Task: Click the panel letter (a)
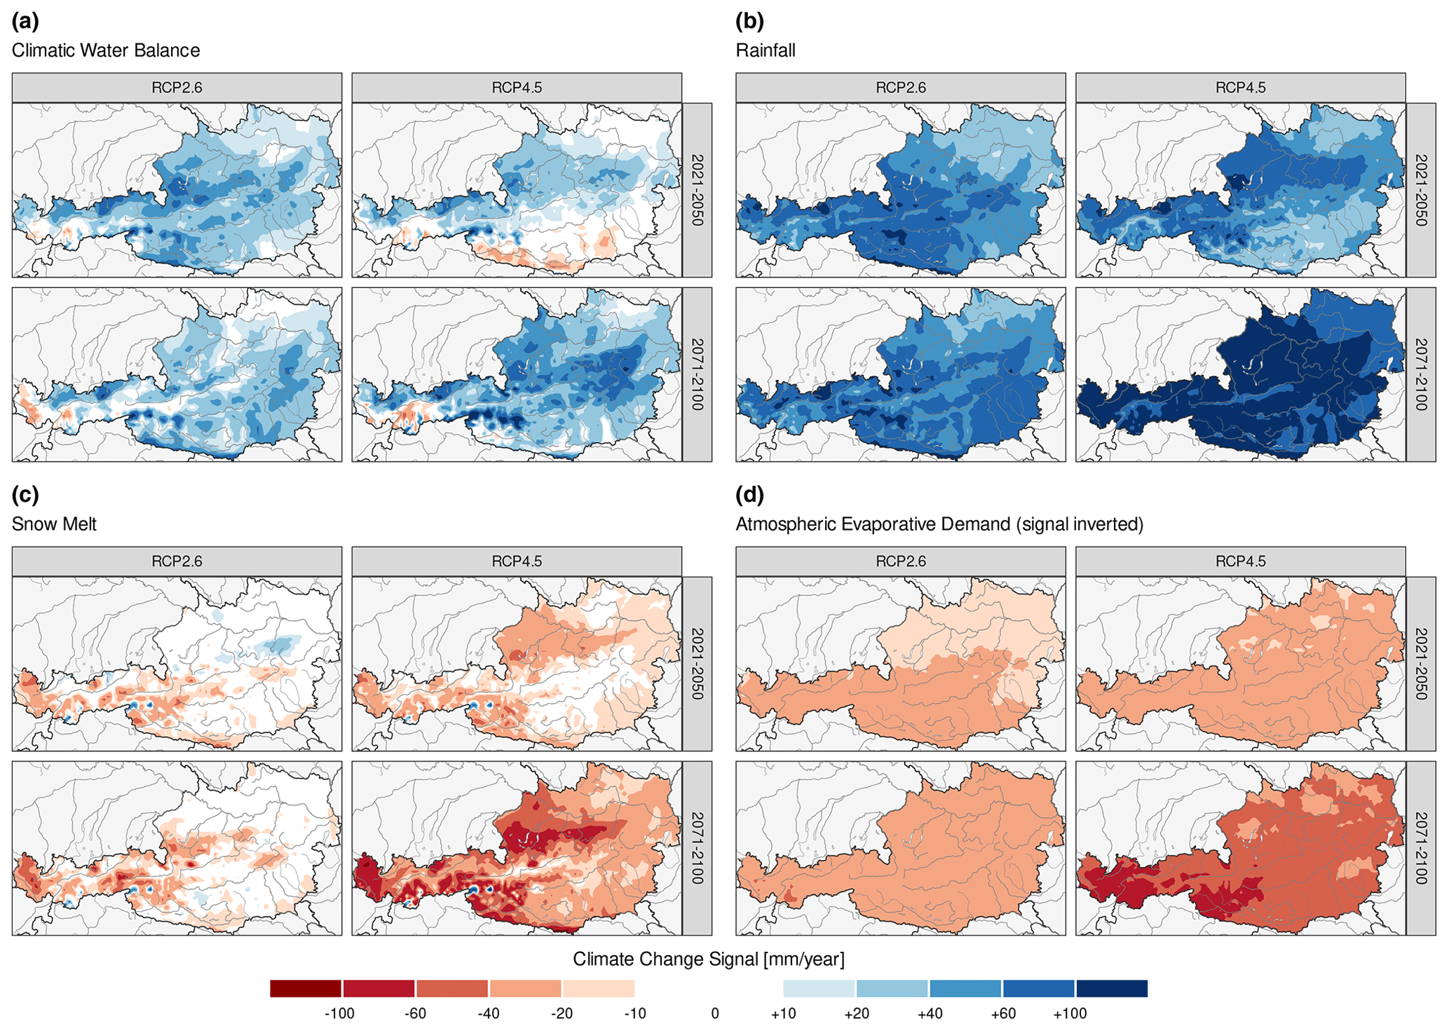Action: [25, 22]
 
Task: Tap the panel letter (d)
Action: [749, 496]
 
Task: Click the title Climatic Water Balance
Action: [106, 50]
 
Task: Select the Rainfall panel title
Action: [766, 50]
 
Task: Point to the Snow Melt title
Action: [54, 524]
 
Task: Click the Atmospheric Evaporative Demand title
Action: [939, 524]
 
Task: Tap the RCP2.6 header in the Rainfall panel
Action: [901, 88]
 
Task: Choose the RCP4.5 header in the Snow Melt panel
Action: [517, 561]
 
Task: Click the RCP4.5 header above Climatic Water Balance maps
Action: [517, 88]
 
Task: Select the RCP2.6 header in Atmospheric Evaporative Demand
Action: [901, 561]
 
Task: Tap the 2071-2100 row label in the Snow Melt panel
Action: [697, 848]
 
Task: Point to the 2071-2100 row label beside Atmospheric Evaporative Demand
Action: [1421, 848]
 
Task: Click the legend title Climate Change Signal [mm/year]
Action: [709, 959]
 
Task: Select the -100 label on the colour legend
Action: [339, 1013]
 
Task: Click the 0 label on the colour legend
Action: [714, 1013]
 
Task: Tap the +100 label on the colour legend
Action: [1070, 1013]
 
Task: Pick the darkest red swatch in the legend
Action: [306, 988]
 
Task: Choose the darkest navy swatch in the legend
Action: [1112, 988]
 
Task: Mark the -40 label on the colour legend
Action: [488, 1013]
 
